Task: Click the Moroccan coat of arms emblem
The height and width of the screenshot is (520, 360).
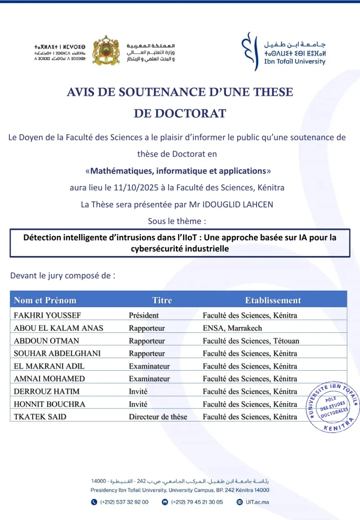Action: (x=106, y=50)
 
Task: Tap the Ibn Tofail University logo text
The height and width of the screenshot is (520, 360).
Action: (x=295, y=62)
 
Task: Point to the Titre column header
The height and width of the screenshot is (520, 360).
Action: (x=162, y=300)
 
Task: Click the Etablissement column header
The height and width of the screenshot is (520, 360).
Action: (x=273, y=300)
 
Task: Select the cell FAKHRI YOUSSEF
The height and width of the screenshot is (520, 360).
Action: (x=47, y=315)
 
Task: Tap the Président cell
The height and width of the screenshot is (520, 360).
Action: (x=144, y=315)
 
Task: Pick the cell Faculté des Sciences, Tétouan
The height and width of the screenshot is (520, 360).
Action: (x=251, y=341)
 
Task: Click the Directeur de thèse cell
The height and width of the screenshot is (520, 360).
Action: (x=157, y=417)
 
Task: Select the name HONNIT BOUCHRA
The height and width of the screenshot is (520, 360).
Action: (x=49, y=404)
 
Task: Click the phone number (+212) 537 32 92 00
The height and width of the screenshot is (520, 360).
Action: (x=124, y=502)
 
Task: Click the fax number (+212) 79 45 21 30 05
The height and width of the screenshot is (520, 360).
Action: (x=197, y=502)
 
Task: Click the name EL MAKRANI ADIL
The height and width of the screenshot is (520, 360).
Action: (x=49, y=366)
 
